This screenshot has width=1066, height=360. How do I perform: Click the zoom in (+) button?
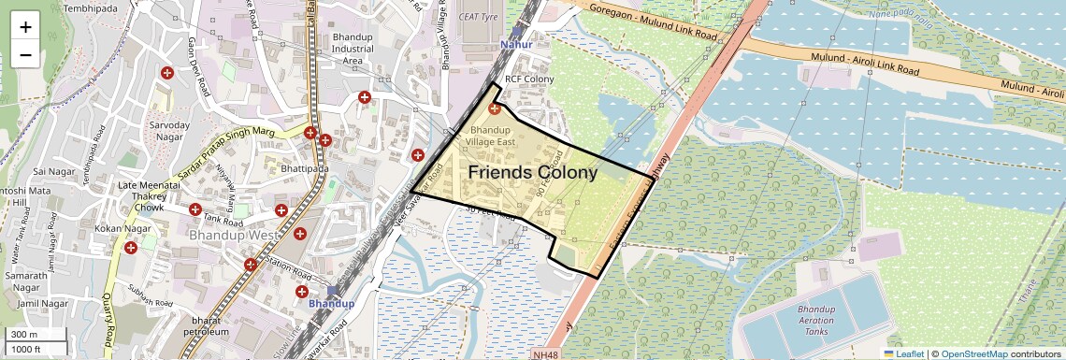(x=25, y=26)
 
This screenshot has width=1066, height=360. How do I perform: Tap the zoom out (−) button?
(x=25, y=54)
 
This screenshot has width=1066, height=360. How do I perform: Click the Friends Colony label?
(x=532, y=173)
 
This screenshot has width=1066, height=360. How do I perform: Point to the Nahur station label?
(x=516, y=44)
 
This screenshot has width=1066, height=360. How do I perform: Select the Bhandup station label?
(x=331, y=304)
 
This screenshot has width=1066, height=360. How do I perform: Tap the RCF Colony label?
(x=529, y=79)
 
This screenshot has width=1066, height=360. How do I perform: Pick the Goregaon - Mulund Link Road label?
(x=654, y=23)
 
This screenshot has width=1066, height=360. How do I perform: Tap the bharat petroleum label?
(x=206, y=325)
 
